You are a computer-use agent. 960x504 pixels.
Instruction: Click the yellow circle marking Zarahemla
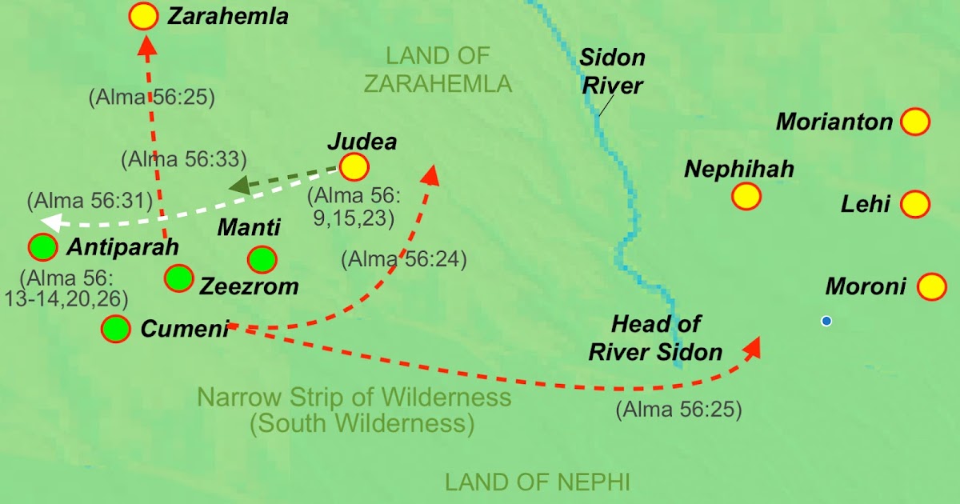[x=144, y=16]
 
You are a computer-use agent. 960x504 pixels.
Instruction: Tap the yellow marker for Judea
[x=354, y=167]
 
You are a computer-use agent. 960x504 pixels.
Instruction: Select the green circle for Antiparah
[x=42, y=248]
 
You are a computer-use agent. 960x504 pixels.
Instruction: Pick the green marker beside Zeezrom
[x=178, y=278]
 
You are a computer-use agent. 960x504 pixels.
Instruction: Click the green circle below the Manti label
[x=262, y=259]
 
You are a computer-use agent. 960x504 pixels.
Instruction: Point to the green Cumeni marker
[x=117, y=329]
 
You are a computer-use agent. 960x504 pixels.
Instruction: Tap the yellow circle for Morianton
[x=914, y=122]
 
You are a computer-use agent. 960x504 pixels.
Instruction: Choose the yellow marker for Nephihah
[x=746, y=196]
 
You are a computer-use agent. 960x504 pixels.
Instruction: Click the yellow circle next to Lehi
[x=914, y=204]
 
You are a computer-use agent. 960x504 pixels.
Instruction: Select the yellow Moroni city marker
[x=931, y=286]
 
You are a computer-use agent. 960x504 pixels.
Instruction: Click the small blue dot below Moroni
[x=826, y=321]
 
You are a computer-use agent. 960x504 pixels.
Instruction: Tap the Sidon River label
[x=612, y=71]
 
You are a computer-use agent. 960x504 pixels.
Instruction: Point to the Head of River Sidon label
[x=655, y=338]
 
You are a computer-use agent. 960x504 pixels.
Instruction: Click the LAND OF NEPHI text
[x=538, y=482]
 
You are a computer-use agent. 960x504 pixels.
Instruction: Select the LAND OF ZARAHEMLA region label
[x=448, y=70]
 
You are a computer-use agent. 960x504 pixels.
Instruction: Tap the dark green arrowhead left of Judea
[x=238, y=186]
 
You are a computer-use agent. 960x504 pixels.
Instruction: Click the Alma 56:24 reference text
[x=403, y=259]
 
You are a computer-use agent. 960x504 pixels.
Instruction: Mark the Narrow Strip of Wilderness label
[x=354, y=410]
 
